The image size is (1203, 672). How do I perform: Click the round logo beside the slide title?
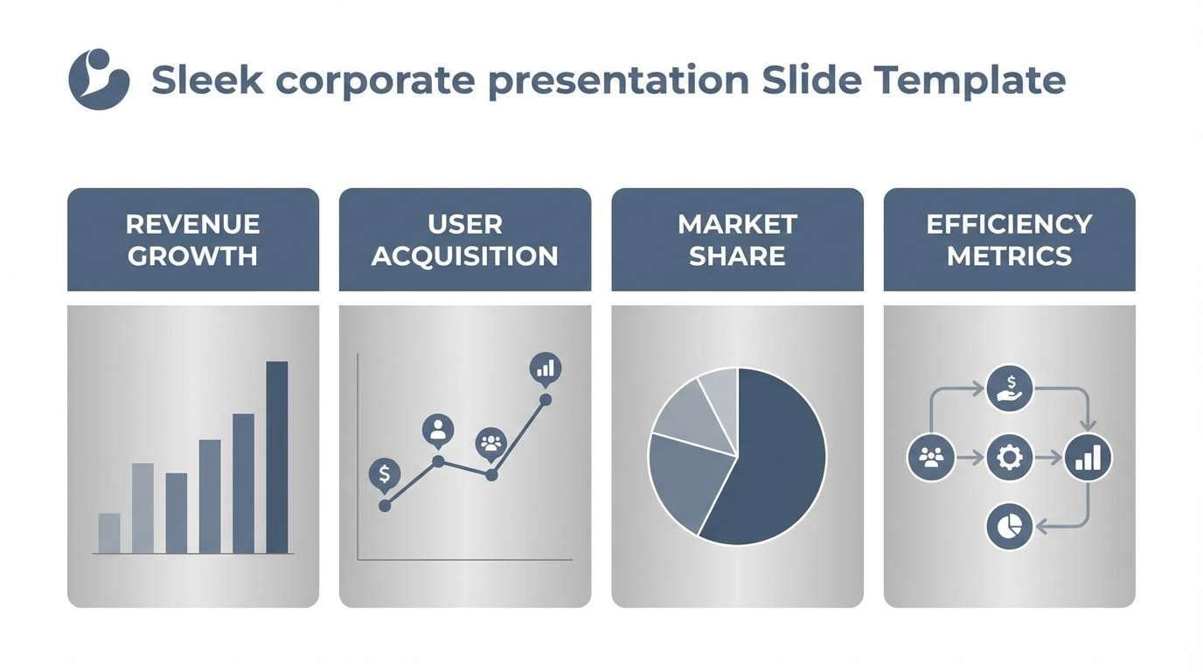coord(99,80)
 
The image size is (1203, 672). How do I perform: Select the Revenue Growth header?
coord(192,240)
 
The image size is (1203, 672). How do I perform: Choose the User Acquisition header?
coord(464,240)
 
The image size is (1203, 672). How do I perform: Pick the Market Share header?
coord(737,240)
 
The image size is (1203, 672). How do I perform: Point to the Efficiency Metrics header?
coord(1009,240)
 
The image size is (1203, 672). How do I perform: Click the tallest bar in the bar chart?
coord(277,457)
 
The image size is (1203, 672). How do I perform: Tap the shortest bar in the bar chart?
coord(109,533)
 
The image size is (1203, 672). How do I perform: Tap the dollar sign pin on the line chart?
coord(385,474)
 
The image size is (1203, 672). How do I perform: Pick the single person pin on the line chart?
coord(438,430)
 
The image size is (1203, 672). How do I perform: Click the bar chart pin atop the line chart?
coord(546,367)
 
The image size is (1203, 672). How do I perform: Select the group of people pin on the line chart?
coord(491,443)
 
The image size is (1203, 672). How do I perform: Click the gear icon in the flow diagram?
coord(1009,457)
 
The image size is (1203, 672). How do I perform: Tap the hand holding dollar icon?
coord(1010,388)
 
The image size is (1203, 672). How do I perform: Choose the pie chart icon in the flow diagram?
coord(1009,526)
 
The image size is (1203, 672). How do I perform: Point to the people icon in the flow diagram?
coord(931,457)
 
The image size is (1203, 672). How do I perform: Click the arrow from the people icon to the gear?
coord(970,457)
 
